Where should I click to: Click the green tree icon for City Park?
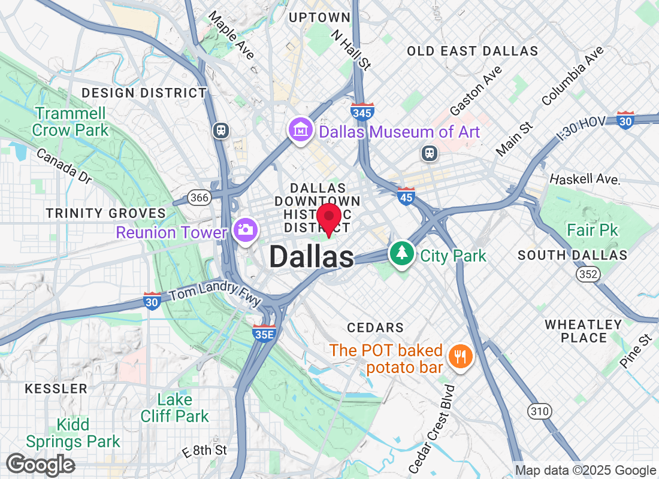(401, 253)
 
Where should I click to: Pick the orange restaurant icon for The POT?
(460, 357)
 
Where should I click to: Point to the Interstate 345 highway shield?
(363, 111)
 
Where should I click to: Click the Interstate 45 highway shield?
(406, 195)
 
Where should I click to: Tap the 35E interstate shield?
(264, 333)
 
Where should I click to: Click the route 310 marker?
(539, 411)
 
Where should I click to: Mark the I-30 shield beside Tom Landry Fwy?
(152, 302)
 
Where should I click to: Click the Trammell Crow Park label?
(71, 122)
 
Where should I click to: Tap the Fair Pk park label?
(593, 230)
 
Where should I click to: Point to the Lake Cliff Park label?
(175, 408)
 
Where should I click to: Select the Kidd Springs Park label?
(72, 433)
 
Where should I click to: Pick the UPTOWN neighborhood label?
(319, 18)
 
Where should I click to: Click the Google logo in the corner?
(40, 465)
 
